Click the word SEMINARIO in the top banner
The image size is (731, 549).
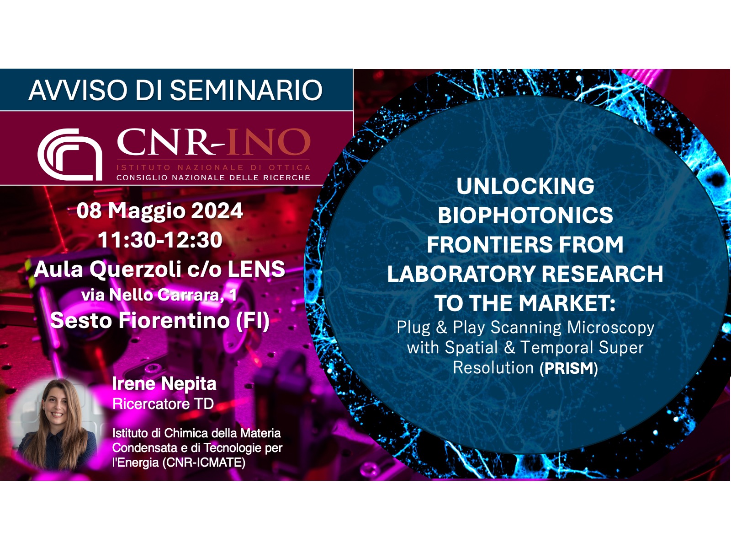(x=246, y=90)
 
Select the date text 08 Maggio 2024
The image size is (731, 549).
(x=159, y=211)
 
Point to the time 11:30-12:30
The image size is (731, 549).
(x=160, y=240)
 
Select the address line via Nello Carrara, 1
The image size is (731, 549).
(x=159, y=295)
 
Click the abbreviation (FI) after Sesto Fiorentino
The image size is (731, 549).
(x=253, y=320)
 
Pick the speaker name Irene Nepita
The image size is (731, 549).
(x=164, y=384)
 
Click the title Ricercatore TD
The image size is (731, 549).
(x=163, y=404)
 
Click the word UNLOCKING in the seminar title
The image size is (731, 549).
(x=525, y=186)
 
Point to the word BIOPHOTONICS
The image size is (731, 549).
(x=525, y=215)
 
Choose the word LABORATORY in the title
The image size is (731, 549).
(x=461, y=274)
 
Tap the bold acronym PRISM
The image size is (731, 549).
(x=568, y=368)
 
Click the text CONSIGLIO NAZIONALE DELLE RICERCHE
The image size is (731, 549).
(x=213, y=178)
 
